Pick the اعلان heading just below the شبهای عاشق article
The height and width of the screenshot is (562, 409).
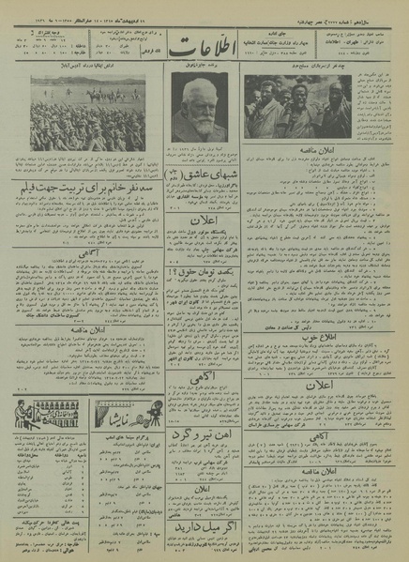point(200,222)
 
